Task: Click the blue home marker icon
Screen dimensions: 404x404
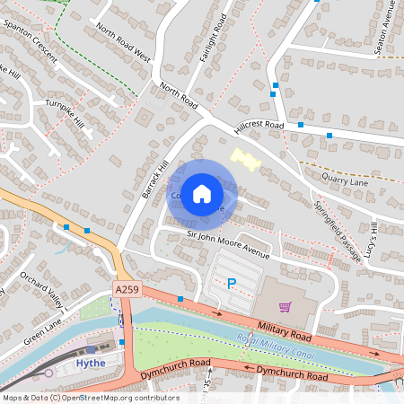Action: click(202, 193)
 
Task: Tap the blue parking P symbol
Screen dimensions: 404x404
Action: click(231, 285)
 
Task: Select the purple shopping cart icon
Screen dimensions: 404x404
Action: click(285, 307)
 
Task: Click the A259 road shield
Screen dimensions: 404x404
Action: click(127, 289)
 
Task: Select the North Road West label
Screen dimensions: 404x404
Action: click(122, 42)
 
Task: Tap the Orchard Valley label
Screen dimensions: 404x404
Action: click(42, 287)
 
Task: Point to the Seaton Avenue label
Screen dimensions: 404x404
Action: click(391, 27)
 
